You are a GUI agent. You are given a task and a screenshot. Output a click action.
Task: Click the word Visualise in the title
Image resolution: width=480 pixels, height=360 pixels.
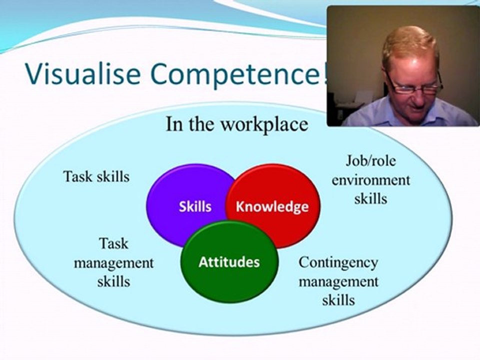click(83, 74)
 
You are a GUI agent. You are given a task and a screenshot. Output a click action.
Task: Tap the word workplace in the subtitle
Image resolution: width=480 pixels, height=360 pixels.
click(264, 124)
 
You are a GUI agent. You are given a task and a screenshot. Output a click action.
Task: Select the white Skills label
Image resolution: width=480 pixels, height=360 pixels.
click(195, 206)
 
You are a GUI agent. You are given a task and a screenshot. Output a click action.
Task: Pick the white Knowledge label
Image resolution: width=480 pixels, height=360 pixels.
click(272, 207)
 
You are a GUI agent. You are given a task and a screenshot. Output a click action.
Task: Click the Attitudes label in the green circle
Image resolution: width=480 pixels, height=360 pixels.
click(229, 262)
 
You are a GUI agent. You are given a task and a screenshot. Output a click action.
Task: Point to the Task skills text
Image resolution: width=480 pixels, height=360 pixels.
click(96, 176)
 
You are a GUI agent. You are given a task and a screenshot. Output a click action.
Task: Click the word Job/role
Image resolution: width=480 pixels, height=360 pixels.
click(370, 160)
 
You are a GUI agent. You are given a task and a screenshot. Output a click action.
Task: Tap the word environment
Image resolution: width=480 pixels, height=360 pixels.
click(370, 180)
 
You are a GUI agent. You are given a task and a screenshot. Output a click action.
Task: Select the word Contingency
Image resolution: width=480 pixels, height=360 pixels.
click(338, 263)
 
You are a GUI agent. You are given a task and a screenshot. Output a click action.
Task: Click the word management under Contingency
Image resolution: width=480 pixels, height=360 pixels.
click(338, 281)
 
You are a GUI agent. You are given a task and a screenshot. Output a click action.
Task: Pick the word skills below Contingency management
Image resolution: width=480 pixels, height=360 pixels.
click(338, 299)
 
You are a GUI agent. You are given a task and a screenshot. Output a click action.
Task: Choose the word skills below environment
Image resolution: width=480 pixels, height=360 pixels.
click(370, 198)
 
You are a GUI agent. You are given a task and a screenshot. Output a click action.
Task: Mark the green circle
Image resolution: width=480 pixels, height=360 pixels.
click(229, 284)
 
